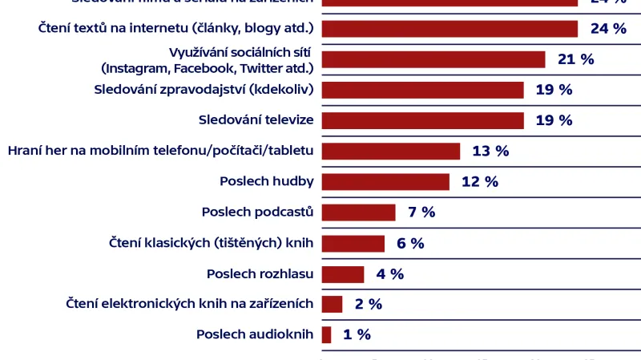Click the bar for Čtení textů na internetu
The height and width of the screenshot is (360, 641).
(450, 29)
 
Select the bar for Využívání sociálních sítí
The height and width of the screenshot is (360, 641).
(433, 59)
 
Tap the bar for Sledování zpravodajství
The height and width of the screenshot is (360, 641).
(422, 90)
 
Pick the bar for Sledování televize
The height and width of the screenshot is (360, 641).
(422, 120)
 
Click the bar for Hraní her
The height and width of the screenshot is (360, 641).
(391, 151)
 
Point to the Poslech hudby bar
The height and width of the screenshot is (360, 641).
(385, 181)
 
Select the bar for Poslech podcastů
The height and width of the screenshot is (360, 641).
(358, 212)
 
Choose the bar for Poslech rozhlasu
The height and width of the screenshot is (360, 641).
(343, 274)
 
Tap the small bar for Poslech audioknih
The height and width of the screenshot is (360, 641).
(327, 335)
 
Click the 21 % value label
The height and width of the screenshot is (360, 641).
(575, 59)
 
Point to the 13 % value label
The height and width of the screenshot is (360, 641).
(490, 151)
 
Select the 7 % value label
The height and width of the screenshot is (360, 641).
(421, 212)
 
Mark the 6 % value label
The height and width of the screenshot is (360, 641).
(410, 243)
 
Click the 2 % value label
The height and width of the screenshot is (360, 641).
(369, 305)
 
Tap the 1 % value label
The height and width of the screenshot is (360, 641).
(357, 335)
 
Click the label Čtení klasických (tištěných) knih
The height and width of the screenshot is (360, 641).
(211, 243)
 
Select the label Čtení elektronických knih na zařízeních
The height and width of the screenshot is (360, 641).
(189, 305)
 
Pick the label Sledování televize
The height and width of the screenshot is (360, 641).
(256, 120)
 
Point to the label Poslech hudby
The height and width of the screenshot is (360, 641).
(266, 181)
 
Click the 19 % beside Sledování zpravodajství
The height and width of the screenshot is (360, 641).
(554, 90)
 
